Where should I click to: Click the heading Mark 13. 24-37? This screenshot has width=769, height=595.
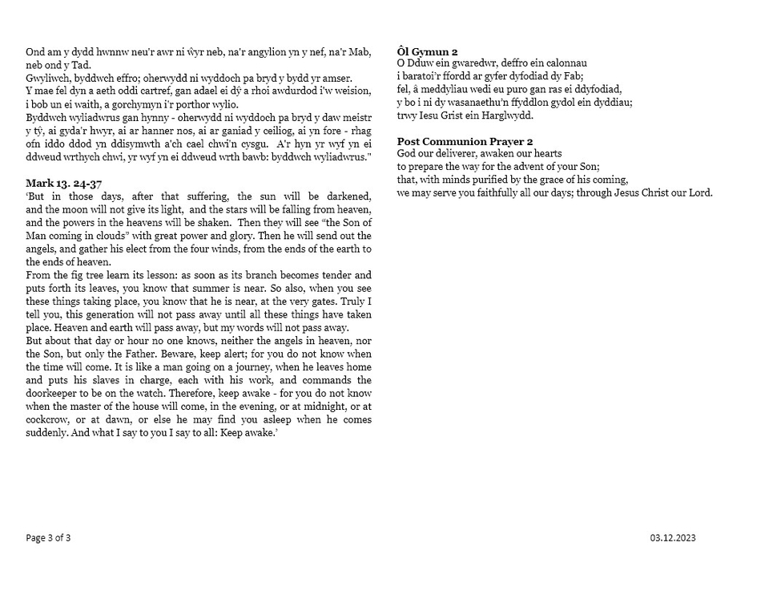tap(63, 184)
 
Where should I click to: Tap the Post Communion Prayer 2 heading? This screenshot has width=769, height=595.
tap(465, 142)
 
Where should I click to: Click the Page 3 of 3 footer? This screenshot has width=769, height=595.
tap(48, 537)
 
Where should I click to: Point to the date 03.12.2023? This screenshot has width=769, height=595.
tap(673, 537)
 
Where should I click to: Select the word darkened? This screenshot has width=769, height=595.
tap(349, 196)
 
